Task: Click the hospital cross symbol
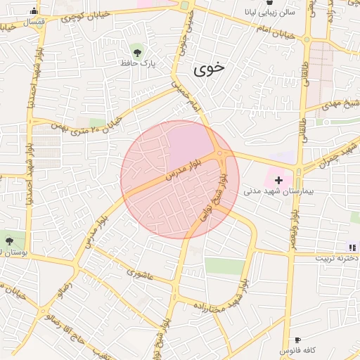(x=278, y=181)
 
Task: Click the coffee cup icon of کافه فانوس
(x=297, y=340)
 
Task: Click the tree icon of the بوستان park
(x=8, y=241)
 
